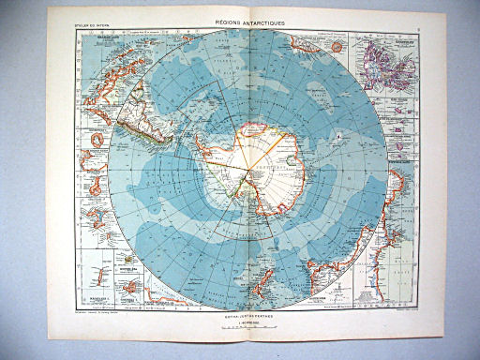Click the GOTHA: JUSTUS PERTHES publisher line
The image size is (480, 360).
241,317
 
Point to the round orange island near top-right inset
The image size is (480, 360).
330,45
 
